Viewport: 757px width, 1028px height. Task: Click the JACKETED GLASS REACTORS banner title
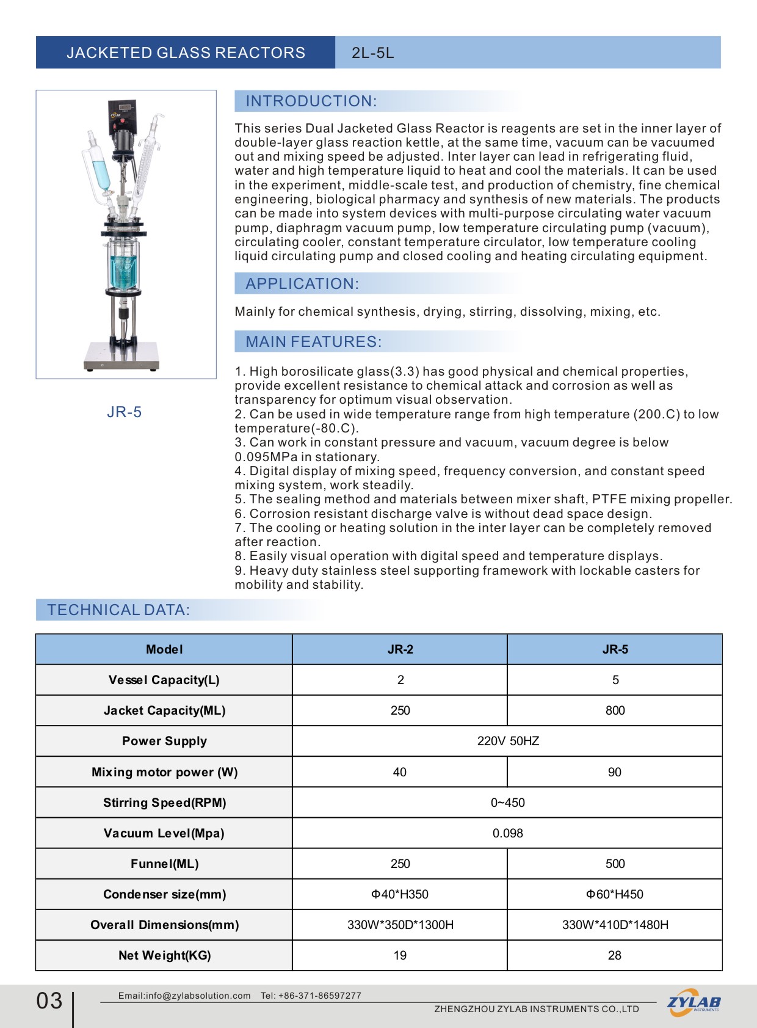tap(186, 53)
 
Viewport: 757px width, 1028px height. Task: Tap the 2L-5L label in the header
tap(372, 53)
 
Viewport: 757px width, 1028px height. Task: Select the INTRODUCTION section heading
tap(311, 101)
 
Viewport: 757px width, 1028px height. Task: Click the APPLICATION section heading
tap(302, 283)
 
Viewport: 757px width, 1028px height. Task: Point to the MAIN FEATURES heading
tap(313, 341)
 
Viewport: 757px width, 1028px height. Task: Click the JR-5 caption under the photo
tap(124, 412)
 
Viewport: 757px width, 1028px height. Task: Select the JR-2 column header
tap(400, 649)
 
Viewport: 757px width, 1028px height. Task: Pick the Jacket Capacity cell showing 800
tap(615, 710)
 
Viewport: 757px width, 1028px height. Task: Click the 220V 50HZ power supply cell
tap(508, 741)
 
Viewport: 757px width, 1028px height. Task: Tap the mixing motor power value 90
tap(614, 772)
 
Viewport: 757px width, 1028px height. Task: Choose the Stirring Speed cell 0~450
tap(507, 803)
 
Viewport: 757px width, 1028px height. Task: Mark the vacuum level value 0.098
tap(507, 833)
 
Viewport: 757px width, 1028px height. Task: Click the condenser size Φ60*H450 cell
tap(614, 894)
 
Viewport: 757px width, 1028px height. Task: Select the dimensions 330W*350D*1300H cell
tap(400, 925)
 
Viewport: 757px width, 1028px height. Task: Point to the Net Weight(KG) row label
tap(164, 955)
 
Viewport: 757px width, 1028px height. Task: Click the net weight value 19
tap(400, 955)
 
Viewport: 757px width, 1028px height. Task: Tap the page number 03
tap(49, 1001)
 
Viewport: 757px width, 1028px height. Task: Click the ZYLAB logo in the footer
tap(694, 1003)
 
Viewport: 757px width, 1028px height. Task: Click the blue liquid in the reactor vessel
tap(124, 272)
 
